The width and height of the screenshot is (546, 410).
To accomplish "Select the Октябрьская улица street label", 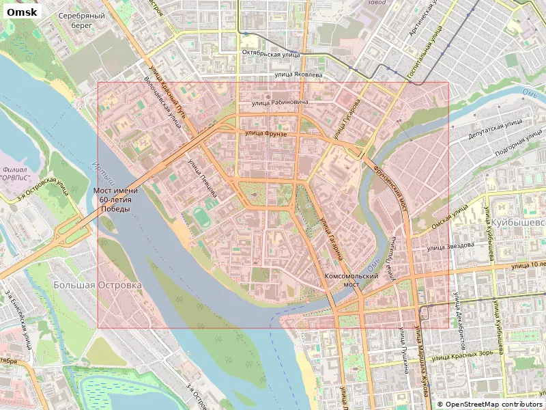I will click(271, 53).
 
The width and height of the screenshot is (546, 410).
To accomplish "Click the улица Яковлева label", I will click(298, 74).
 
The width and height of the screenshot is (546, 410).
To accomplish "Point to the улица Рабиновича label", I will click(280, 102).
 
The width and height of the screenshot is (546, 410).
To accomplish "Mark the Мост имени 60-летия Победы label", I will click(114, 200).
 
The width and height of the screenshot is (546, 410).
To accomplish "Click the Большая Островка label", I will click(98, 284).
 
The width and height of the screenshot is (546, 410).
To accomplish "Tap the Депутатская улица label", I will click(495, 131).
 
